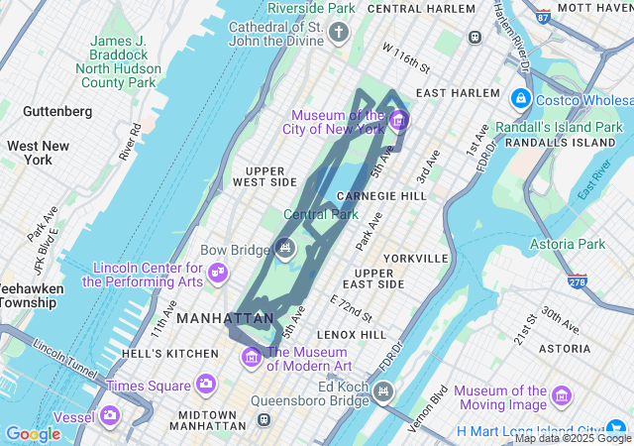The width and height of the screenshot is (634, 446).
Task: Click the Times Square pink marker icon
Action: point(206,384)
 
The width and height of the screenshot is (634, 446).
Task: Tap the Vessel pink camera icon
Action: point(110,415)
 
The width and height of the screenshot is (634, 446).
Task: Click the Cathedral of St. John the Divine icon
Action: point(339,34)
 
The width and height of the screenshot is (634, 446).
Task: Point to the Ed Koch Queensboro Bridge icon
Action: point(383,393)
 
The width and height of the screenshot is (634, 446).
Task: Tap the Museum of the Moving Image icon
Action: point(563,397)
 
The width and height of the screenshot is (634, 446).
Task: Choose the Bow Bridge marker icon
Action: point(284,249)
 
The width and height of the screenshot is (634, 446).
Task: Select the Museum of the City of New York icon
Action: point(398,121)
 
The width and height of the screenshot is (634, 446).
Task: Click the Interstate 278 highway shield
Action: point(577,281)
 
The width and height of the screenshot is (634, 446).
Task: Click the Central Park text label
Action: point(321,214)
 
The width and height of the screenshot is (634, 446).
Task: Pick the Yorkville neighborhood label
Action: point(415,258)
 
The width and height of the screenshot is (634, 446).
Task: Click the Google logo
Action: point(33,433)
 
